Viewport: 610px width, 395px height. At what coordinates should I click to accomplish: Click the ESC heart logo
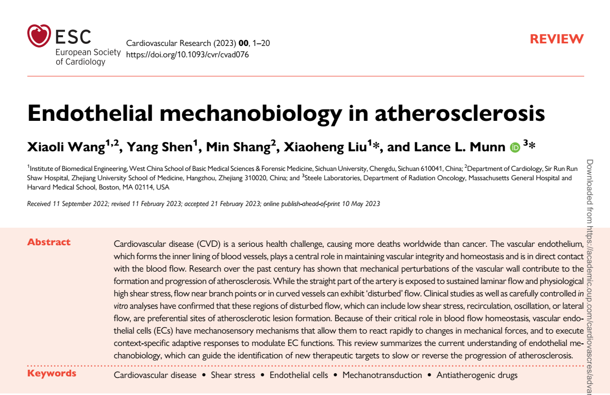[x=39, y=36]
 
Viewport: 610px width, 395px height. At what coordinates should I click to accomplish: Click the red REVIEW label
[x=556, y=39]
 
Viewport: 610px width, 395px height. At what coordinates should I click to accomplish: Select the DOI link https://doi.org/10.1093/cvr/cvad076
[x=187, y=54]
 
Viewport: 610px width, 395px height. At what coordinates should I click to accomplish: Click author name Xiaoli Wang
[x=66, y=147]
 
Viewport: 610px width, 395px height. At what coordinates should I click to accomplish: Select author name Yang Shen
[x=159, y=147]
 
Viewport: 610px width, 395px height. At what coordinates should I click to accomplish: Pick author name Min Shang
[x=238, y=147]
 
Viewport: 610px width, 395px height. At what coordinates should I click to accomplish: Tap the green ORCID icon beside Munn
[x=515, y=148]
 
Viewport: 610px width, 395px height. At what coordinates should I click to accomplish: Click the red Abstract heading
[x=49, y=242]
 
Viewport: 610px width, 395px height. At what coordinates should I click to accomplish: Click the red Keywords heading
[x=52, y=373]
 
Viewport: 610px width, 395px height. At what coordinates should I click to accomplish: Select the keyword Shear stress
[x=233, y=375]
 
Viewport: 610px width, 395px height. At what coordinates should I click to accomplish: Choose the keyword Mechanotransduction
[x=382, y=375]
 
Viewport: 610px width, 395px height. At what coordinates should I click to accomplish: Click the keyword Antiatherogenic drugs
[x=476, y=375]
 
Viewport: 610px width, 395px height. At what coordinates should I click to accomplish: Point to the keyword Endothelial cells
[x=299, y=375]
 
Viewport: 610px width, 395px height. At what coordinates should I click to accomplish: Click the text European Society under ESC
[x=88, y=52]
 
